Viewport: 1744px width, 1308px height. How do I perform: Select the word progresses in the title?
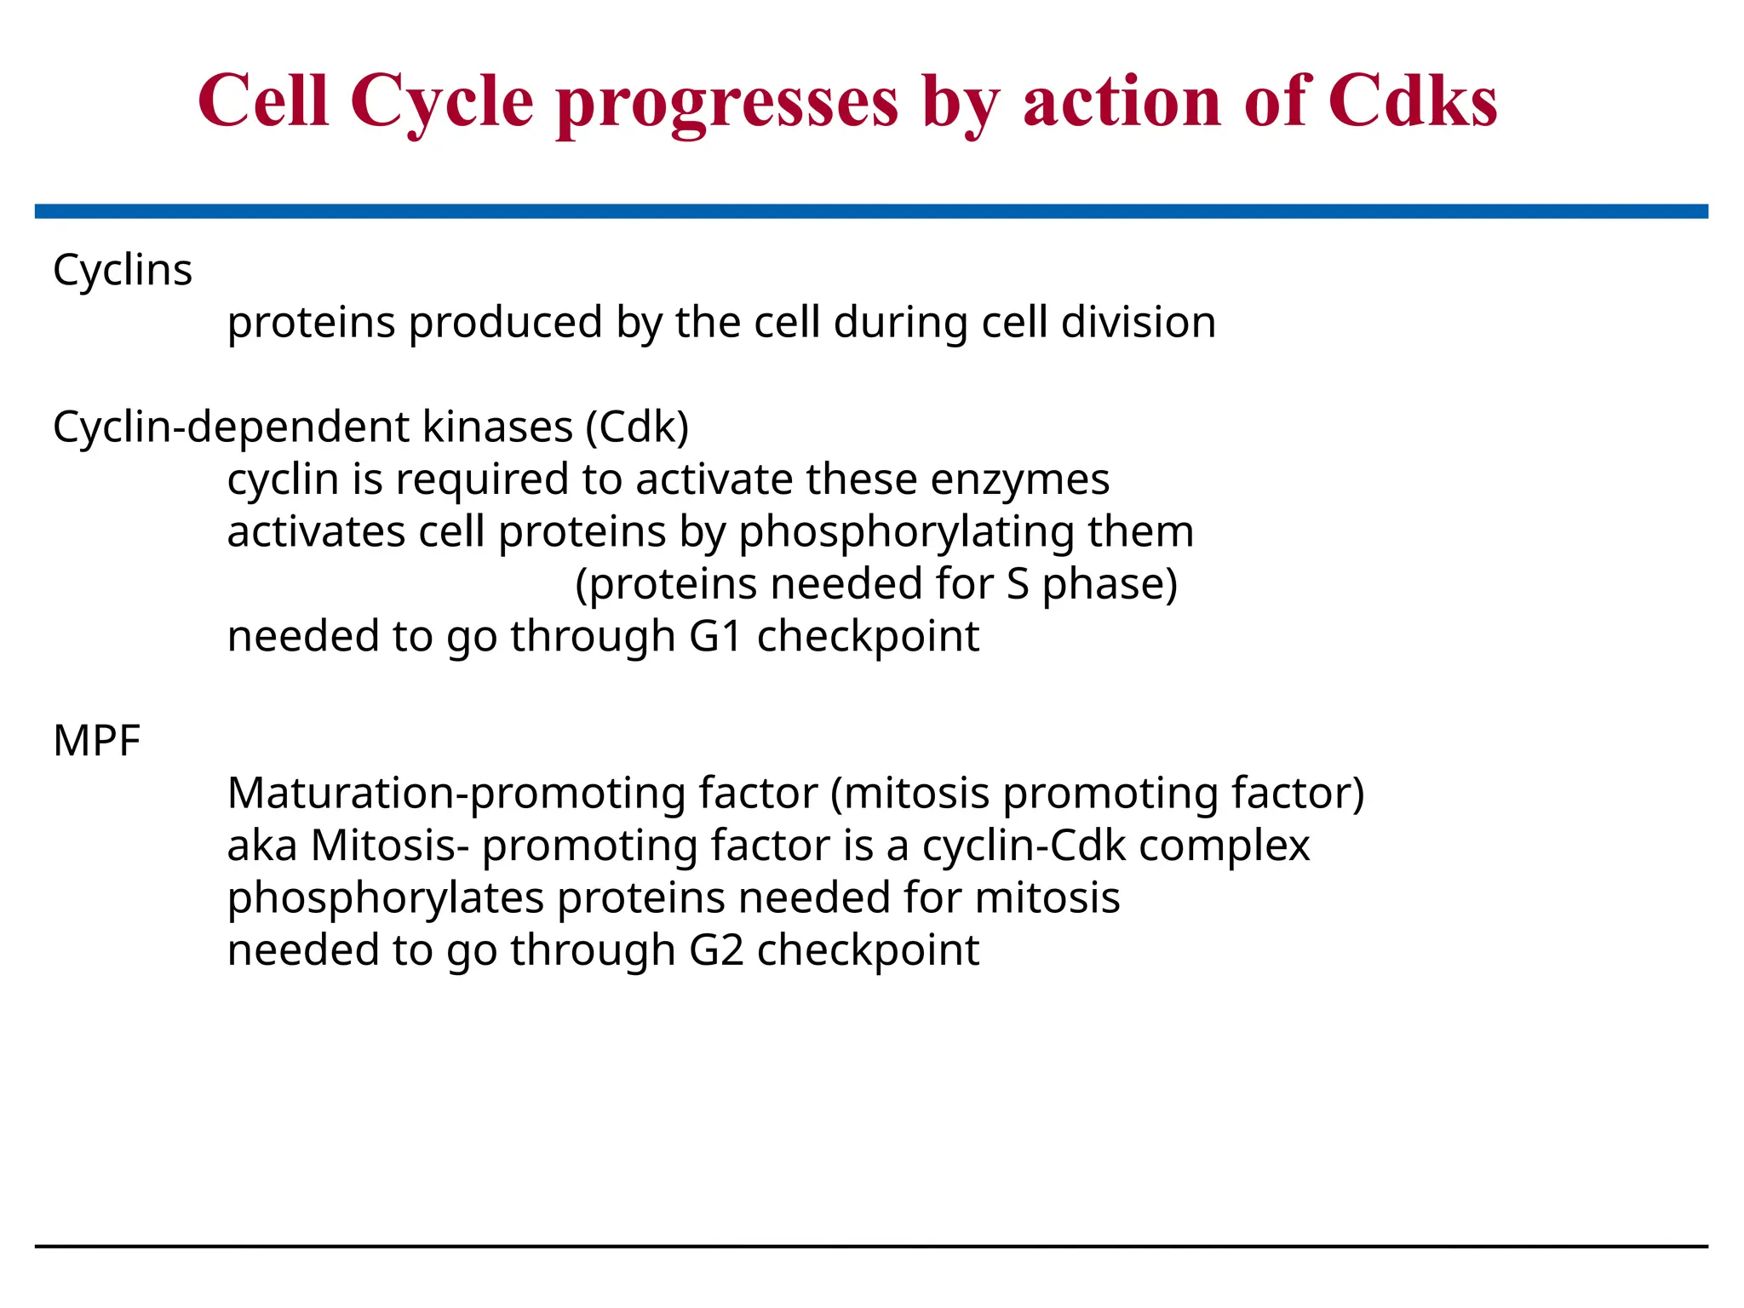pyautogui.click(x=727, y=104)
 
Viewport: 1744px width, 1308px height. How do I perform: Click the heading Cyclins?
pyautogui.click(x=123, y=271)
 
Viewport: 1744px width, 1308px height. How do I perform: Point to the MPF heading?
pyautogui.click(x=96, y=740)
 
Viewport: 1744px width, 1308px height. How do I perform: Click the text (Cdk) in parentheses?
pyautogui.click(x=637, y=427)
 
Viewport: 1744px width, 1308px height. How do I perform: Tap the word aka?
pyautogui.click(x=261, y=846)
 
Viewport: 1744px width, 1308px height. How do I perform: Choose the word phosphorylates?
pyautogui.click(x=385, y=899)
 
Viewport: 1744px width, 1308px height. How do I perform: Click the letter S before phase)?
pyautogui.click(x=1017, y=584)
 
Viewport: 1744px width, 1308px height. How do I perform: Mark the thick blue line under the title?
pyautogui.click(x=871, y=211)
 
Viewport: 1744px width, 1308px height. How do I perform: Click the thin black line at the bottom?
pyautogui.click(x=871, y=1247)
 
